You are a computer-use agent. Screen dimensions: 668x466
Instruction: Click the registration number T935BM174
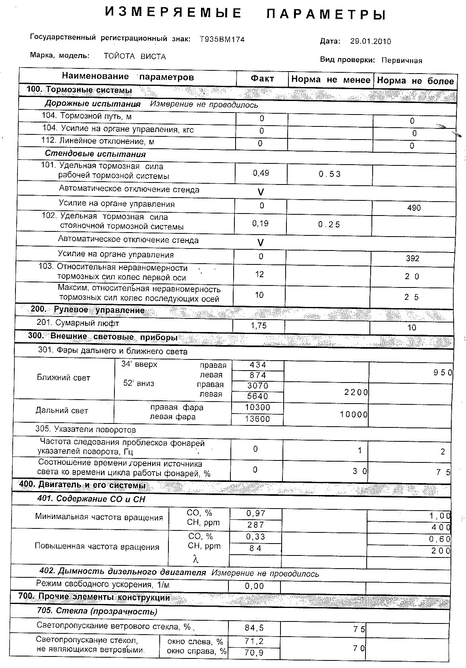222,39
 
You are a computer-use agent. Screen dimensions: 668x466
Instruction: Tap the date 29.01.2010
371,41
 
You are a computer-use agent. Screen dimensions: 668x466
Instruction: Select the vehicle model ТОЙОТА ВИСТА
135,56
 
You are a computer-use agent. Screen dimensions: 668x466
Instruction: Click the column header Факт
262,79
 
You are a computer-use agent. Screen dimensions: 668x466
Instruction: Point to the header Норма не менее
331,80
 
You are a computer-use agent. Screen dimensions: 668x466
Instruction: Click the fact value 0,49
261,173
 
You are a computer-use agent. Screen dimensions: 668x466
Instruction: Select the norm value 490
414,208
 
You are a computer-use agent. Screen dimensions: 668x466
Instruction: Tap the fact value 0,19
261,223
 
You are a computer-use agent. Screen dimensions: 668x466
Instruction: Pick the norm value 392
413,258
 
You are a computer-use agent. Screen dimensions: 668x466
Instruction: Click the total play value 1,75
259,326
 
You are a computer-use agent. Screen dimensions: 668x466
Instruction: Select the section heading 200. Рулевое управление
88,310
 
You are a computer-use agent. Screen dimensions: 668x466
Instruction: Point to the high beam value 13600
257,419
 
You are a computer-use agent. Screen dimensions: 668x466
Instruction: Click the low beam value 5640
258,396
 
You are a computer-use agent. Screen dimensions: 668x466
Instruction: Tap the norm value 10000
354,415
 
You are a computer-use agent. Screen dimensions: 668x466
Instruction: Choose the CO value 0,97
256,513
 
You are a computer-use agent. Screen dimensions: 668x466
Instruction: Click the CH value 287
256,525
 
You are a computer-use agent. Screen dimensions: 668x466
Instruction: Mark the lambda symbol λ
195,559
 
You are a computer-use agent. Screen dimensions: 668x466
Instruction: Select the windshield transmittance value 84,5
255,628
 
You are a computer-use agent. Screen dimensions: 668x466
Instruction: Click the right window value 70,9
255,653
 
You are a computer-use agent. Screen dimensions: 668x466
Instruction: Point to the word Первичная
402,61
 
